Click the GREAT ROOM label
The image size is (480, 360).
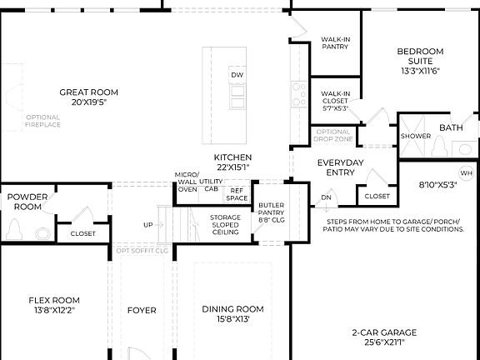click(x=88, y=92)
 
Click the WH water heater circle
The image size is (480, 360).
click(x=466, y=173)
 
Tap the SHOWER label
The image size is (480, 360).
click(x=416, y=136)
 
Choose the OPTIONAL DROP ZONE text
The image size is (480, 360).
click(x=333, y=135)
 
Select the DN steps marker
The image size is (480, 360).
click(x=326, y=197)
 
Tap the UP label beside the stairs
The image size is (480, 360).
click(x=148, y=225)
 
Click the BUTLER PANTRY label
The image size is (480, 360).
click(x=271, y=212)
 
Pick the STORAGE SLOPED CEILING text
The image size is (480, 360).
click(x=225, y=225)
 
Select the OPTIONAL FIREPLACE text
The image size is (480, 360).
click(x=42, y=121)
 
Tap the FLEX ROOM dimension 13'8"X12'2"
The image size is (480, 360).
click(x=54, y=310)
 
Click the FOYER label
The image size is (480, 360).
click(x=142, y=310)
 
